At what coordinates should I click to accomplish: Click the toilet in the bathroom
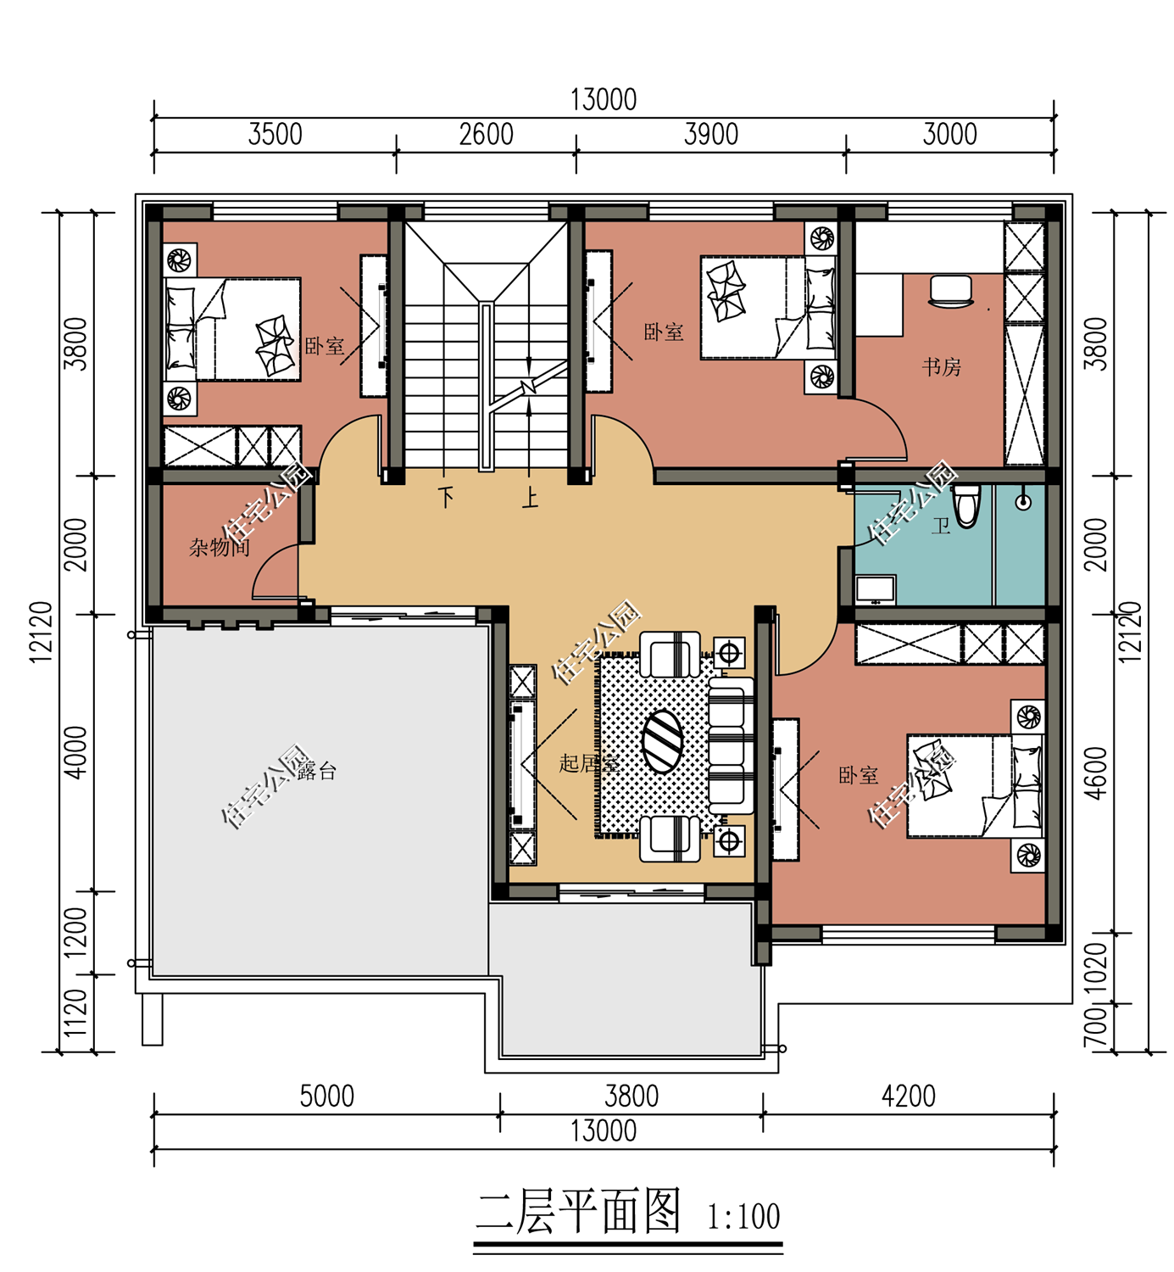[x=966, y=506]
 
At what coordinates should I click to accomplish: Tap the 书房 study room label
[x=942, y=367]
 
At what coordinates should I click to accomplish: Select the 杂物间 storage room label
[x=219, y=547]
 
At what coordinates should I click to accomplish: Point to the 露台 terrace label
[x=316, y=771]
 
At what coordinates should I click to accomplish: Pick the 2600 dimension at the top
[x=486, y=135]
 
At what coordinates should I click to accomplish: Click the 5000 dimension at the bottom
[x=326, y=1096]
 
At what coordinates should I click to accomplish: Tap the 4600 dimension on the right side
[x=1098, y=773]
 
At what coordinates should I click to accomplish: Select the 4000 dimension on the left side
[x=76, y=752]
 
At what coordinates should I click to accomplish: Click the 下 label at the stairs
[x=446, y=497]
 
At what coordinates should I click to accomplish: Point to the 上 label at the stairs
[x=530, y=498]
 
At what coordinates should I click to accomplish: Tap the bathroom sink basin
[x=876, y=589]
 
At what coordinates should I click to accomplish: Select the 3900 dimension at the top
[x=711, y=135]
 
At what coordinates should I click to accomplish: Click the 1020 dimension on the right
[x=1098, y=968]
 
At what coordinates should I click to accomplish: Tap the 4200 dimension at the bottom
[x=908, y=1096]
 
